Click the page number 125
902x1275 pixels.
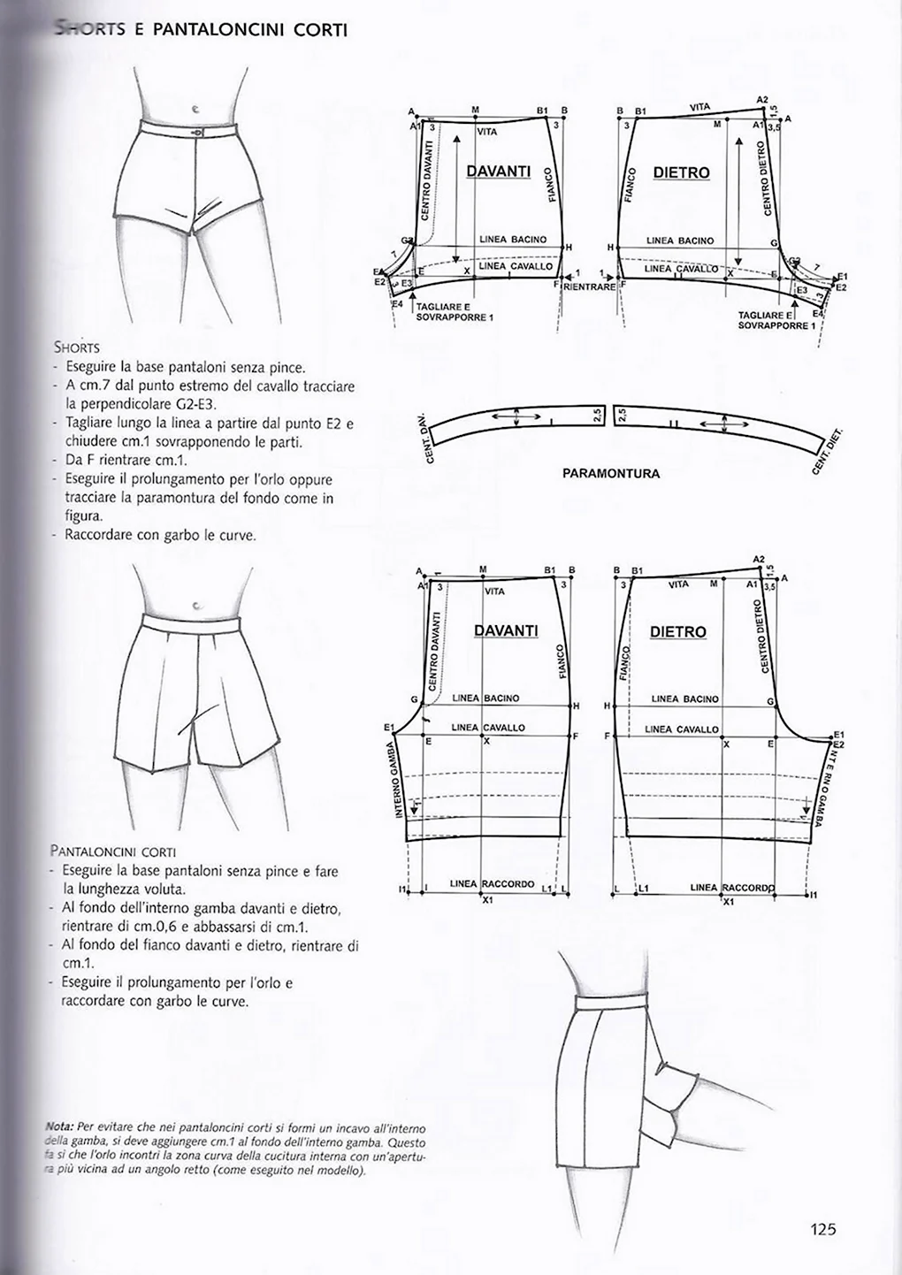(822, 1228)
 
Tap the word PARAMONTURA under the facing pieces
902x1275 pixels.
(610, 474)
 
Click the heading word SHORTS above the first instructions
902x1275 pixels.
(76, 347)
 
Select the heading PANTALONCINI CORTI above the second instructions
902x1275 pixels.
(113, 852)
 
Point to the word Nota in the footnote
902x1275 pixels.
(59, 1128)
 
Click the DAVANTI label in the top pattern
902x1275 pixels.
(498, 171)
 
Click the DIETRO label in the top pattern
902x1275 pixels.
(681, 172)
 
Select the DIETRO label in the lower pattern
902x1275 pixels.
(677, 632)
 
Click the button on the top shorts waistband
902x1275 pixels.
(196, 132)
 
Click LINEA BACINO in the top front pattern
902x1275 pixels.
(513, 240)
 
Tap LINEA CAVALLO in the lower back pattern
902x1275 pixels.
(682, 729)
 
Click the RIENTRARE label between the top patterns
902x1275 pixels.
(589, 286)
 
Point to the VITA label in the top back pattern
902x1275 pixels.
(699, 107)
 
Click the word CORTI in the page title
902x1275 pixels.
(319, 29)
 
